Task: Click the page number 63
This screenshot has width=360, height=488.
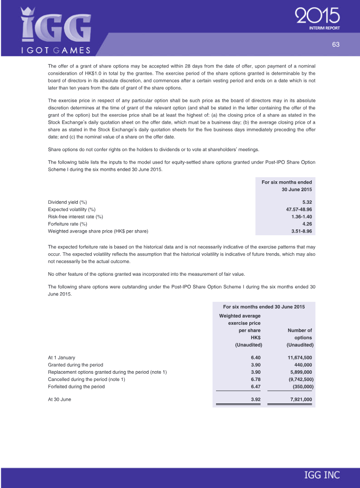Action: pos(335,44)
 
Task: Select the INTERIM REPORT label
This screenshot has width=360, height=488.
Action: pos(324,28)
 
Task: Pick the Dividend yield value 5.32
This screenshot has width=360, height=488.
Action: pos(307,202)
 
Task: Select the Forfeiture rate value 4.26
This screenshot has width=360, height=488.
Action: pos(307,224)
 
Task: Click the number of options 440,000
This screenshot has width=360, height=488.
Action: pos(302,365)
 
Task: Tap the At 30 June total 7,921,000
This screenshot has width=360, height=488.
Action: pos(299,399)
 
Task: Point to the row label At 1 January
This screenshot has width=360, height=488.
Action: pos(61,358)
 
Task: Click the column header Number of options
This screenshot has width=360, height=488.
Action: pos(300,334)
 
